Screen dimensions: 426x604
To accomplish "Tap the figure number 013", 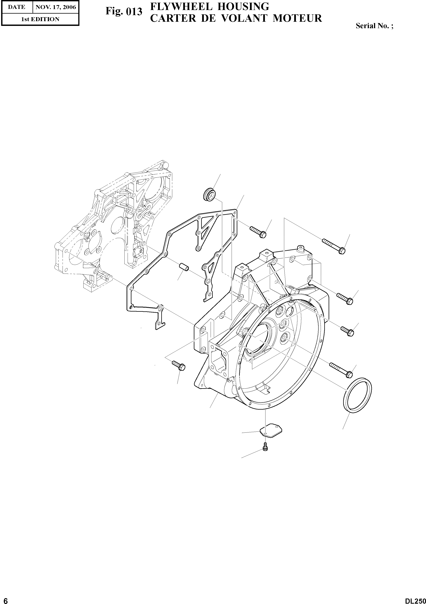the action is [x=134, y=12].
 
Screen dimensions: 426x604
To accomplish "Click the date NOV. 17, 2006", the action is [x=56, y=7].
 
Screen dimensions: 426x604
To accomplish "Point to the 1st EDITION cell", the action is [x=40, y=19].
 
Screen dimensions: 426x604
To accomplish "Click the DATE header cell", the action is [x=17, y=7].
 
